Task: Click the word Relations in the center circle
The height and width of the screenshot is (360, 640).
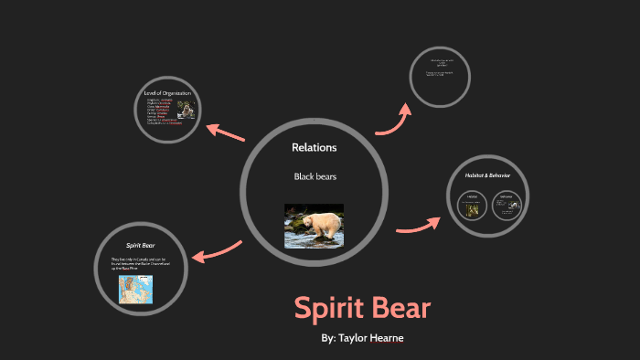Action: [314, 147]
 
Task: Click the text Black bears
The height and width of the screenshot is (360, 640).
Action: [314, 175]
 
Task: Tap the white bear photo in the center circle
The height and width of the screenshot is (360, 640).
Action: [314, 226]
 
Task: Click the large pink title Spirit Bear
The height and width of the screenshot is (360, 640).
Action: [362, 308]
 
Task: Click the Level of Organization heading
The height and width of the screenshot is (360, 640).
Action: [172, 92]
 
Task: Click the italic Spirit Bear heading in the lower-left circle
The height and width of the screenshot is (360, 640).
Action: [139, 246]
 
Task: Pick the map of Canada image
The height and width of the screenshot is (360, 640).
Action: [135, 290]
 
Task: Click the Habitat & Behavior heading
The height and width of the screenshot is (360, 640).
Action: [485, 174]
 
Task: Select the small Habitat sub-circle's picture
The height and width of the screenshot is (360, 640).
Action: [474, 210]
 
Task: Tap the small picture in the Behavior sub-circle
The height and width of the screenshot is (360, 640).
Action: [506, 209]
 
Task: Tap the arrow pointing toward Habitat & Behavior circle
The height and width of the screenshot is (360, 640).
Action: [417, 225]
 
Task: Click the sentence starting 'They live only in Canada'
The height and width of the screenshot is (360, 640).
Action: [140, 264]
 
